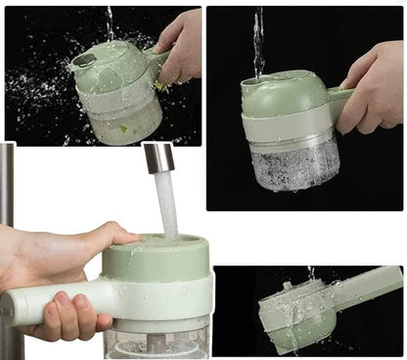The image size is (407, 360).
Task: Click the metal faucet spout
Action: coord(158,157)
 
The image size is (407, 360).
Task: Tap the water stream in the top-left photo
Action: coord(110,22)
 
